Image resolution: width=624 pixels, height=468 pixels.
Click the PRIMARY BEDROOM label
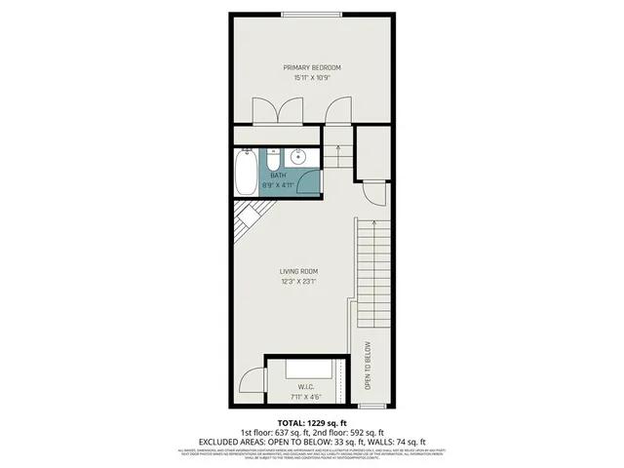[x=312, y=67]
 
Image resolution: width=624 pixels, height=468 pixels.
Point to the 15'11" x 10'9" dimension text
[x=312, y=77]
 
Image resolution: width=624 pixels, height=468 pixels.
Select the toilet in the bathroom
[x=274, y=156]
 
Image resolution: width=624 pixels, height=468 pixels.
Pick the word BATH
[x=278, y=175]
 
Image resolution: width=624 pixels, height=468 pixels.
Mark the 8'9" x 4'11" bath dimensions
[x=278, y=184]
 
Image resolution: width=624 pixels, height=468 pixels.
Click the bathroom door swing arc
[x=307, y=181]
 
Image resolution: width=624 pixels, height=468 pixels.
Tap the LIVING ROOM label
[x=299, y=271]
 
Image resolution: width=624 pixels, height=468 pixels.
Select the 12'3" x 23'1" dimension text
[x=299, y=282]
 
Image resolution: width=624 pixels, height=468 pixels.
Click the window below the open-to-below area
[x=375, y=406]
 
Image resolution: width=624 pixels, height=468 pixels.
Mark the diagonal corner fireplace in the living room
[x=248, y=224]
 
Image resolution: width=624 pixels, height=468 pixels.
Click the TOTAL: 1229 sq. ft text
[x=312, y=421]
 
